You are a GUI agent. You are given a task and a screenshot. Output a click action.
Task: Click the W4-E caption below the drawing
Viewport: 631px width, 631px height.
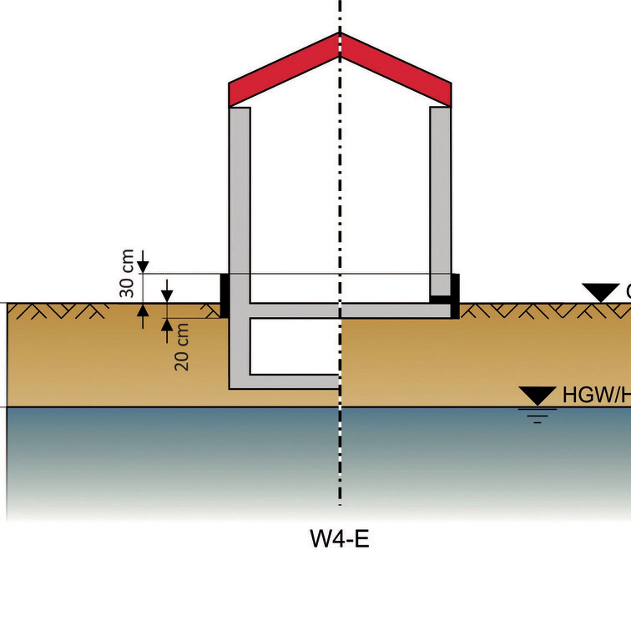[340, 539]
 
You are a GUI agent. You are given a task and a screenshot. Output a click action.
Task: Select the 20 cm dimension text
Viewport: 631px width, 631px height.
[182, 347]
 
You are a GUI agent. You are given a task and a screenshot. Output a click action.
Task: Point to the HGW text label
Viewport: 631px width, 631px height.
[596, 395]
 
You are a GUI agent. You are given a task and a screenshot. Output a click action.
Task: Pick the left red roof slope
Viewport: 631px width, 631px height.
[284, 71]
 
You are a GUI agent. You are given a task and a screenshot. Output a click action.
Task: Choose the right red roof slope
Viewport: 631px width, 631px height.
[396, 71]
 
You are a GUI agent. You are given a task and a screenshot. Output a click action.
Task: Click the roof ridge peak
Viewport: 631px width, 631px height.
[340, 35]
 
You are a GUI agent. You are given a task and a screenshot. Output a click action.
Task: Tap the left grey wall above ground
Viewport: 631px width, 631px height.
[239, 189]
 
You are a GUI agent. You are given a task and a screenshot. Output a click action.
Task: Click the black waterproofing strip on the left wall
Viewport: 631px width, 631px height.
[224, 296]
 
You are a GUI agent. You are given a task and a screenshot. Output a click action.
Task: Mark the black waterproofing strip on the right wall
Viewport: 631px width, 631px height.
[455, 296]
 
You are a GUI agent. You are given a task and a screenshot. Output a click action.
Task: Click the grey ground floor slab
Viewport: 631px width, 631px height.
[347, 311]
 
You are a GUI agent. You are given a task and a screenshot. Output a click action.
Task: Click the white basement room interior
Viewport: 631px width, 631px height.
[294, 346]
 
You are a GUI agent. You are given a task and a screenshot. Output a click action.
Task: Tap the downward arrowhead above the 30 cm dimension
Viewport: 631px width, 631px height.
[143, 267]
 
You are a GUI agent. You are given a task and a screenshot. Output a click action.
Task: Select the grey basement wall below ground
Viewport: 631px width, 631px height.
[239, 351]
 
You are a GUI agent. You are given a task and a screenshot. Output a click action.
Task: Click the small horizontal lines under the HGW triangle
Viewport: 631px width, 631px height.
[537, 415]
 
